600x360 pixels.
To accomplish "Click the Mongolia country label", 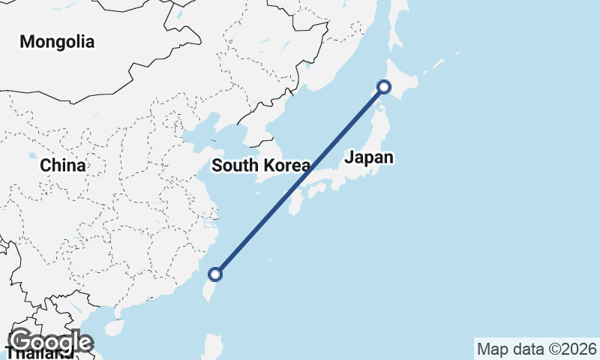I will [57, 42].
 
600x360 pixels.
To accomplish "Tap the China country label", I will [63, 165].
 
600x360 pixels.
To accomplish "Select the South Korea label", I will [260, 166].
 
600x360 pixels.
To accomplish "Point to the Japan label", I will [369, 157].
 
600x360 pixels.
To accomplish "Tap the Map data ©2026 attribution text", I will [537, 349].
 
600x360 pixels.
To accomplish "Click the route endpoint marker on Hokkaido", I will [384, 87].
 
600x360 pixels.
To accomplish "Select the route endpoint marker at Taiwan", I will [215, 274].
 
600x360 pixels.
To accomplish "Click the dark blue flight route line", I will [300, 180].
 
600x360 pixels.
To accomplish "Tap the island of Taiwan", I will [209, 288].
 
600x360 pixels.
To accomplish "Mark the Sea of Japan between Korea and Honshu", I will [322, 127].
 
